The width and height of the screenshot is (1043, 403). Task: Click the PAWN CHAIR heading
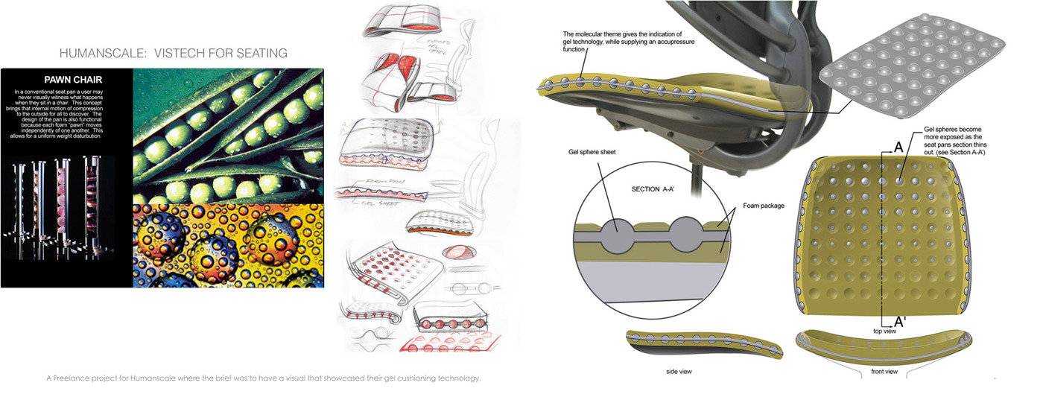tap(72, 79)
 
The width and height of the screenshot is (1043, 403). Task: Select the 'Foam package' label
tap(764, 205)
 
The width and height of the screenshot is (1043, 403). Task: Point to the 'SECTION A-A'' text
tap(657, 189)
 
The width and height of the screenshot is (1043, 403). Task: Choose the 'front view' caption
tap(884, 370)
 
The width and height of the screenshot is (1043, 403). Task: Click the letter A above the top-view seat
tap(898, 147)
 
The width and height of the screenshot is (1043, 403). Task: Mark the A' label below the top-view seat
tap(900, 322)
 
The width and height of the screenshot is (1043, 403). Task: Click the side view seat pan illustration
tap(703, 344)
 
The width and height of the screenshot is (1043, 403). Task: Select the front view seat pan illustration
tap(884, 344)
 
